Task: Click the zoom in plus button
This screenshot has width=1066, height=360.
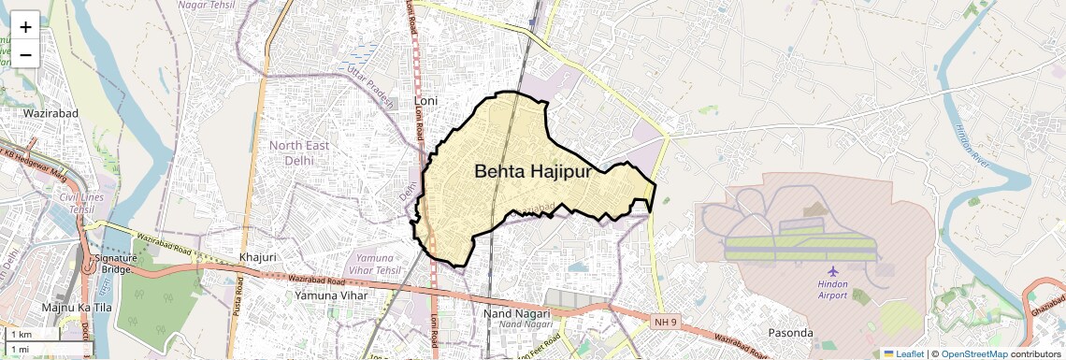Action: [x=25, y=26]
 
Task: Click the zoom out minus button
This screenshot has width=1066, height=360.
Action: [x=25, y=54]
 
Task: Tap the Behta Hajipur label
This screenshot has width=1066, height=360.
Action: [x=533, y=172]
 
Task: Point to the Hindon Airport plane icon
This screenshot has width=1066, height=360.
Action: [x=832, y=271]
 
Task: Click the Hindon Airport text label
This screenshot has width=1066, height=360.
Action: [x=832, y=289]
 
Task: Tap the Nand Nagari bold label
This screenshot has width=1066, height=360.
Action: [x=517, y=312]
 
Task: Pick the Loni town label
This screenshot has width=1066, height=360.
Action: [x=425, y=100]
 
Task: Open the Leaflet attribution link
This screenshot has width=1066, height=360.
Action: [x=903, y=353]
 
